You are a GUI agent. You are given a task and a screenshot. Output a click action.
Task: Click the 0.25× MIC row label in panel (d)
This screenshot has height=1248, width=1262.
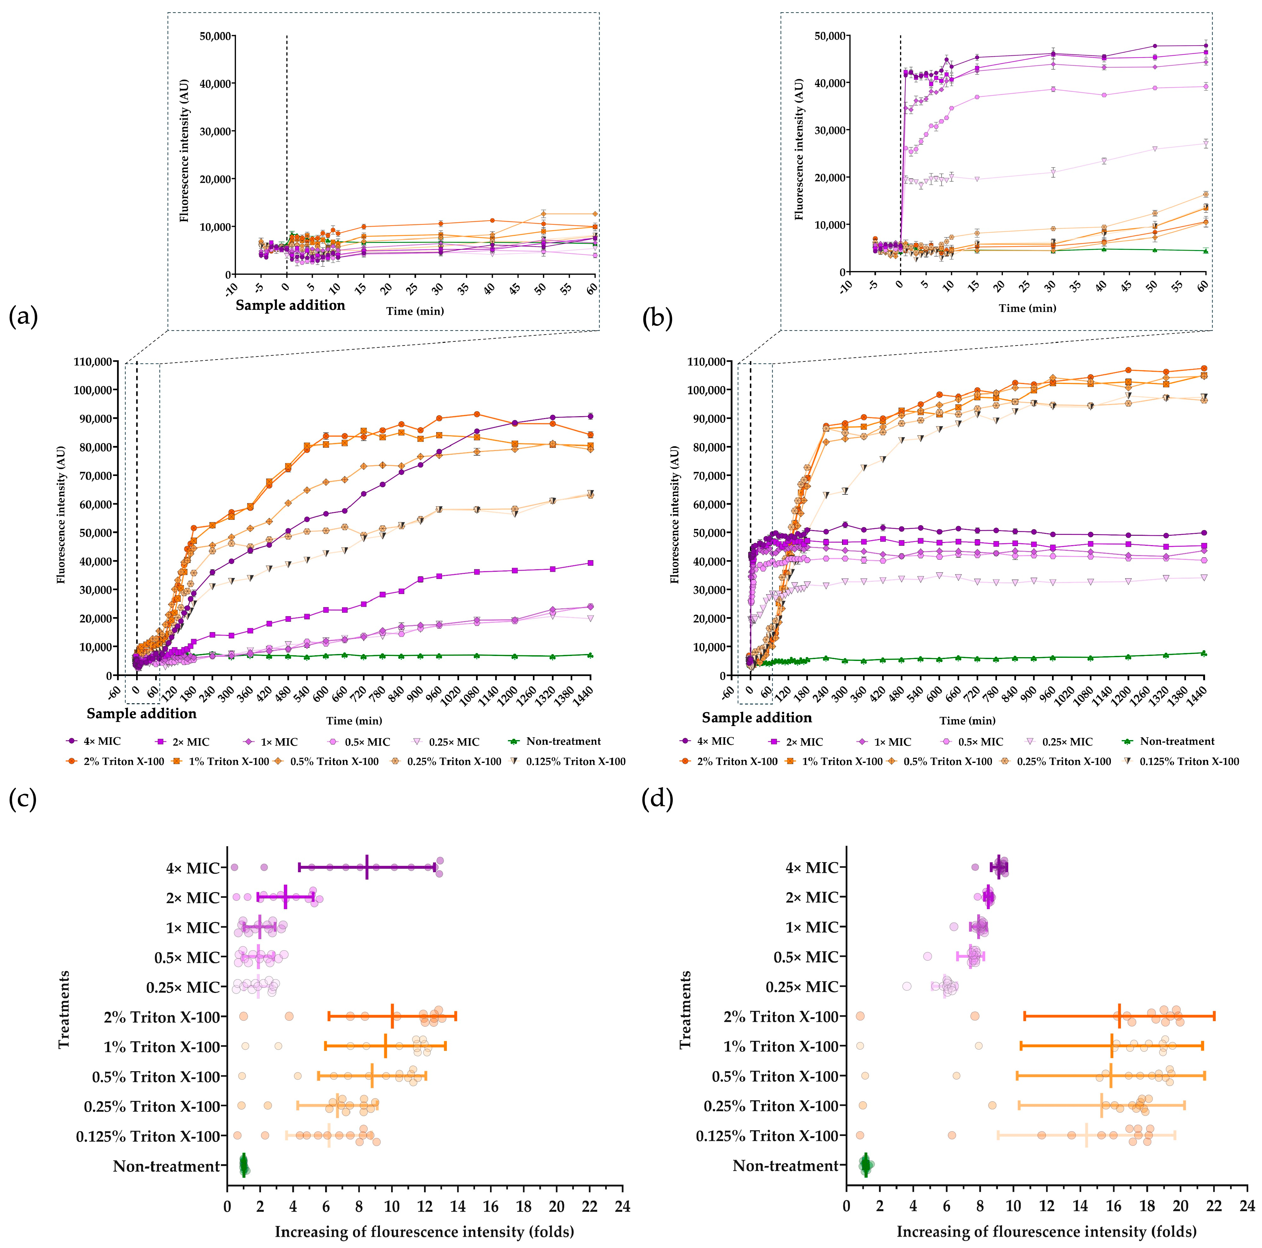click(801, 987)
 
